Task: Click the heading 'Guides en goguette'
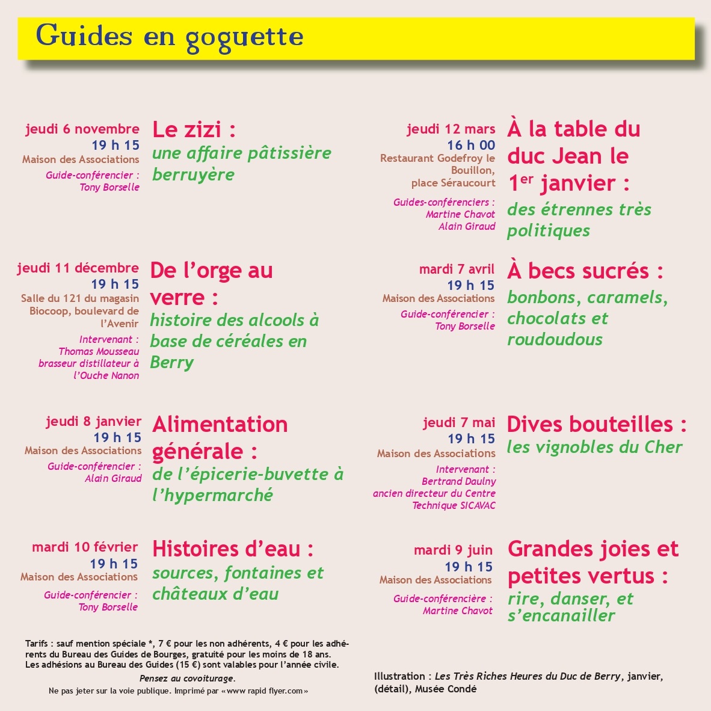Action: tap(170, 36)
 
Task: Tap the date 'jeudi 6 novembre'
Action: tap(82, 129)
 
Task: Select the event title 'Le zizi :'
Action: tap(194, 129)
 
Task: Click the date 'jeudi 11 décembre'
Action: tap(78, 268)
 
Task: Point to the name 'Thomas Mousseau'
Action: tap(99, 351)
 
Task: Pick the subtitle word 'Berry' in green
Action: tap(172, 363)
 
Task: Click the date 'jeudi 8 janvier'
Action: tap(93, 421)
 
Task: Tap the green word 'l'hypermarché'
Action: tap(212, 495)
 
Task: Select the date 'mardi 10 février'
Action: tap(85, 547)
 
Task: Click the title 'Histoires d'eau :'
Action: tap(233, 549)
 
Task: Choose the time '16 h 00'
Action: tap(471, 145)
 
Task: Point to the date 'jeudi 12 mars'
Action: tap(451, 129)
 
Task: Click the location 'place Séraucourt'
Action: tap(453, 182)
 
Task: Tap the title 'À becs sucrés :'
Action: tap(585, 271)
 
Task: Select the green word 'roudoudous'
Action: tap(555, 339)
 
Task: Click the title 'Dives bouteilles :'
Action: tap(597, 424)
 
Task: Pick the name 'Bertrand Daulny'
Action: tap(459, 481)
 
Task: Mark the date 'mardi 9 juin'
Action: tap(453, 550)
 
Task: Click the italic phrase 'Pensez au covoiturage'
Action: tap(186, 679)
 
